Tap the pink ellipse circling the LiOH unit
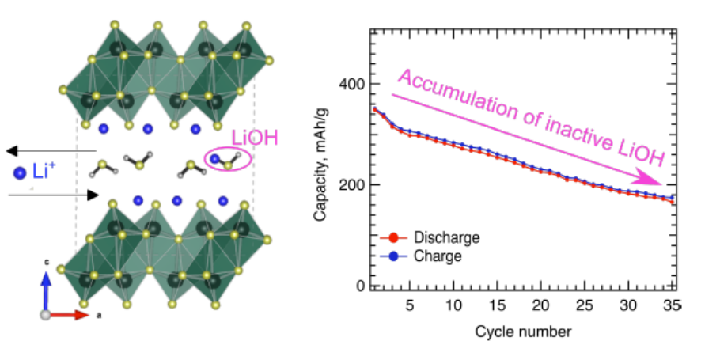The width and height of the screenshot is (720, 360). [228, 161]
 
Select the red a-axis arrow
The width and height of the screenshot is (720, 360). [67, 315]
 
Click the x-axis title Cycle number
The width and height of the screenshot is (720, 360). [523, 330]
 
